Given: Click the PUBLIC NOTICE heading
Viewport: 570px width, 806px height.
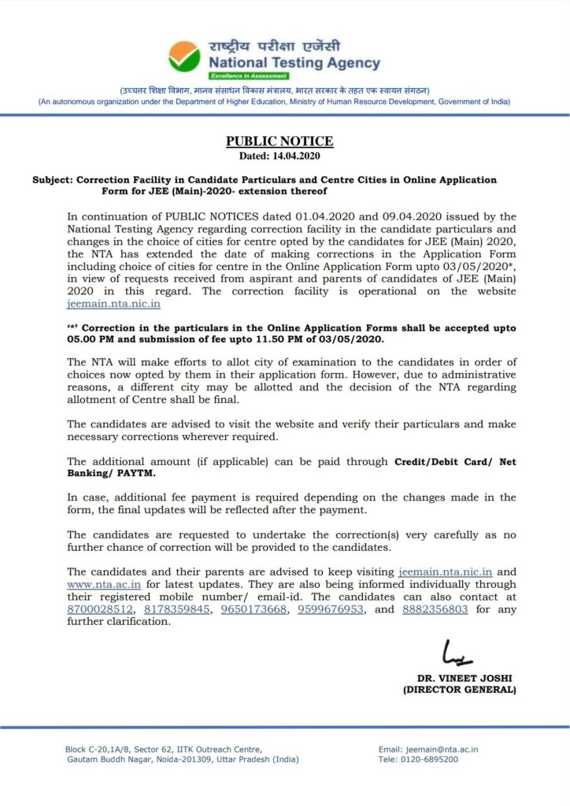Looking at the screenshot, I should click(x=279, y=142).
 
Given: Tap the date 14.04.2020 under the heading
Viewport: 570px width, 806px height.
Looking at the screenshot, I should click(x=296, y=156).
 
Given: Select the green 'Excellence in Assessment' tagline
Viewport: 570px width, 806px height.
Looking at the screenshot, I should click(x=249, y=76).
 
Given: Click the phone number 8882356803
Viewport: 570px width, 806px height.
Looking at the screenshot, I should click(x=435, y=609).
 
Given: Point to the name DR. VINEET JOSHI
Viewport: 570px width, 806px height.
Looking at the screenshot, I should click(x=459, y=678).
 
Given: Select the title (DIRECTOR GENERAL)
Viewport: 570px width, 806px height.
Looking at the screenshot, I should click(x=459, y=690).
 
